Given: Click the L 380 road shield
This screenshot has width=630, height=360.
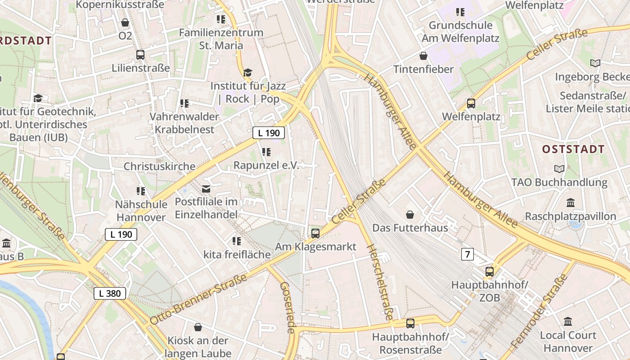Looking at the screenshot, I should point(110,293).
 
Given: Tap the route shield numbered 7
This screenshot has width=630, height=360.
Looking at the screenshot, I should point(468,254).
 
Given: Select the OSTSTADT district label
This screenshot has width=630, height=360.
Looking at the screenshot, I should point(573,149).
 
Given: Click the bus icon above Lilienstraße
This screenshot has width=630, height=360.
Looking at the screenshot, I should point(140,55).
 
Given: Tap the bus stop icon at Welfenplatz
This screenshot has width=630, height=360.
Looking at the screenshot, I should point(471,103).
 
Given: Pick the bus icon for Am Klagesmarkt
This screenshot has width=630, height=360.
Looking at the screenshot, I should point(315,233).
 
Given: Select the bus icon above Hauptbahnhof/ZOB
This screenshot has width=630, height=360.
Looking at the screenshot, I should point(490,272).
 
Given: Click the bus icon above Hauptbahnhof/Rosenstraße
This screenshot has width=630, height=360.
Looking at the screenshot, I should point(410,323).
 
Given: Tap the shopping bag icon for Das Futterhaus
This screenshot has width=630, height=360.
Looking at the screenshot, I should point(410,214).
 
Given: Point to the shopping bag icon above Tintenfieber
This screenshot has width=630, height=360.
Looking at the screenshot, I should point(423,56).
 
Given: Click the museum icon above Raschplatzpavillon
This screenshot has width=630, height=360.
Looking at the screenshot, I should point(571,202).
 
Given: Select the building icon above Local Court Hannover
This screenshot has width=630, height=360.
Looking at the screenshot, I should point(568,321).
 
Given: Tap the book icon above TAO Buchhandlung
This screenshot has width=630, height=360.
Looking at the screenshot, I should point(559,169).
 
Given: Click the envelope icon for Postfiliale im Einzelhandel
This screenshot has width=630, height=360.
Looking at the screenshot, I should point(206,189).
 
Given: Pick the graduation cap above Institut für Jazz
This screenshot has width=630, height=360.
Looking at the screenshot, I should point(247,72).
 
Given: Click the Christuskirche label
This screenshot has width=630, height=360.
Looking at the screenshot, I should point(159,166).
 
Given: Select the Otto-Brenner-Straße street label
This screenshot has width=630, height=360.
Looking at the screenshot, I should point(198,299).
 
